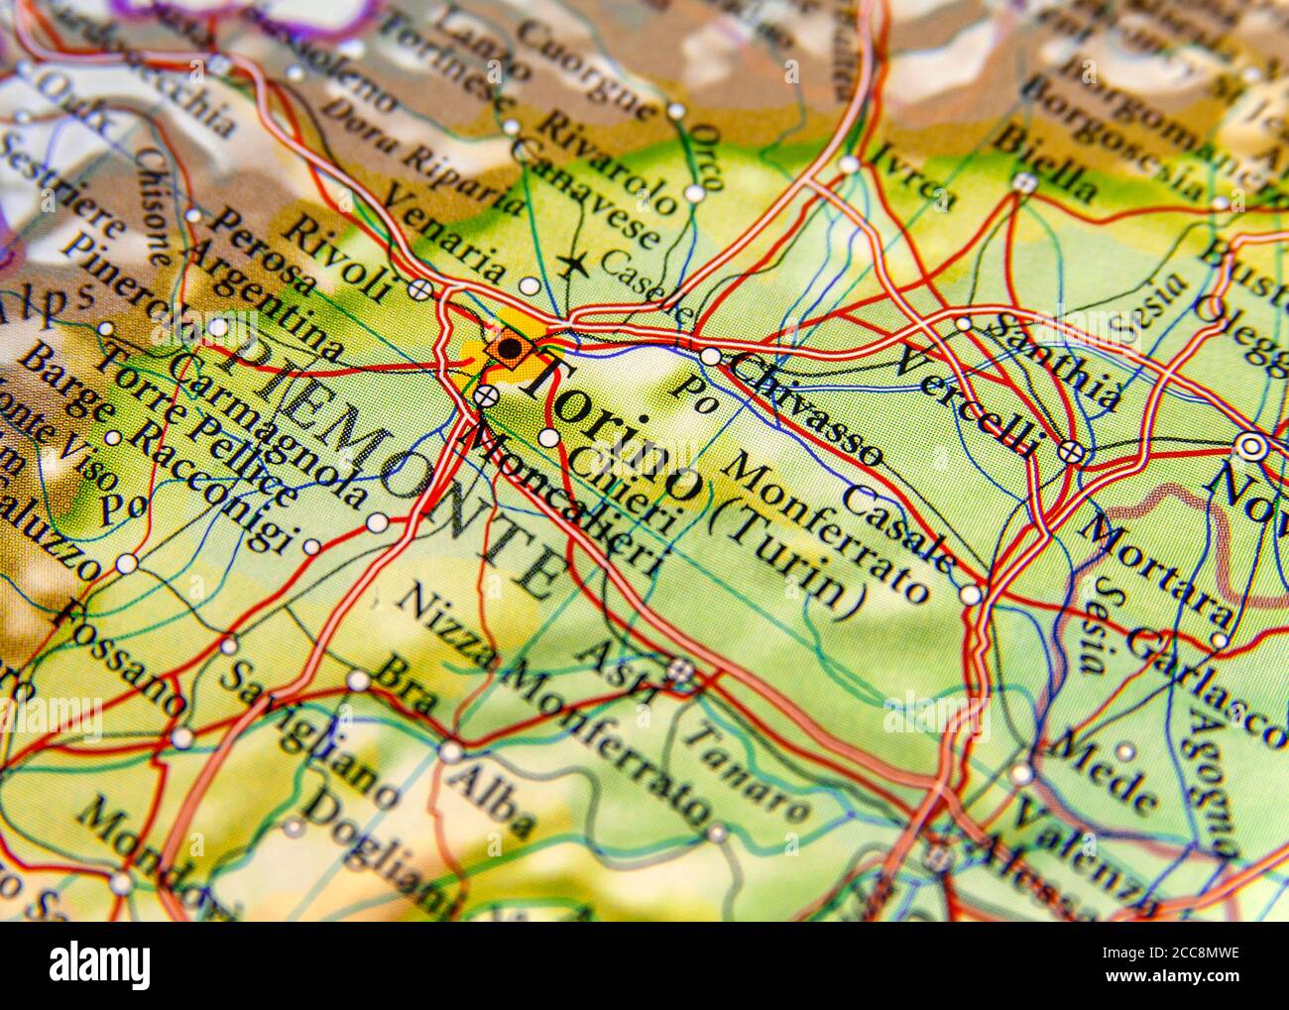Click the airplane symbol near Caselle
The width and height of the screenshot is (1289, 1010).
pos(571,265)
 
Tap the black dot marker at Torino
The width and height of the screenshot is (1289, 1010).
pos(509,348)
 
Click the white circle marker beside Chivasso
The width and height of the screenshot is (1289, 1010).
pos(710,356)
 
